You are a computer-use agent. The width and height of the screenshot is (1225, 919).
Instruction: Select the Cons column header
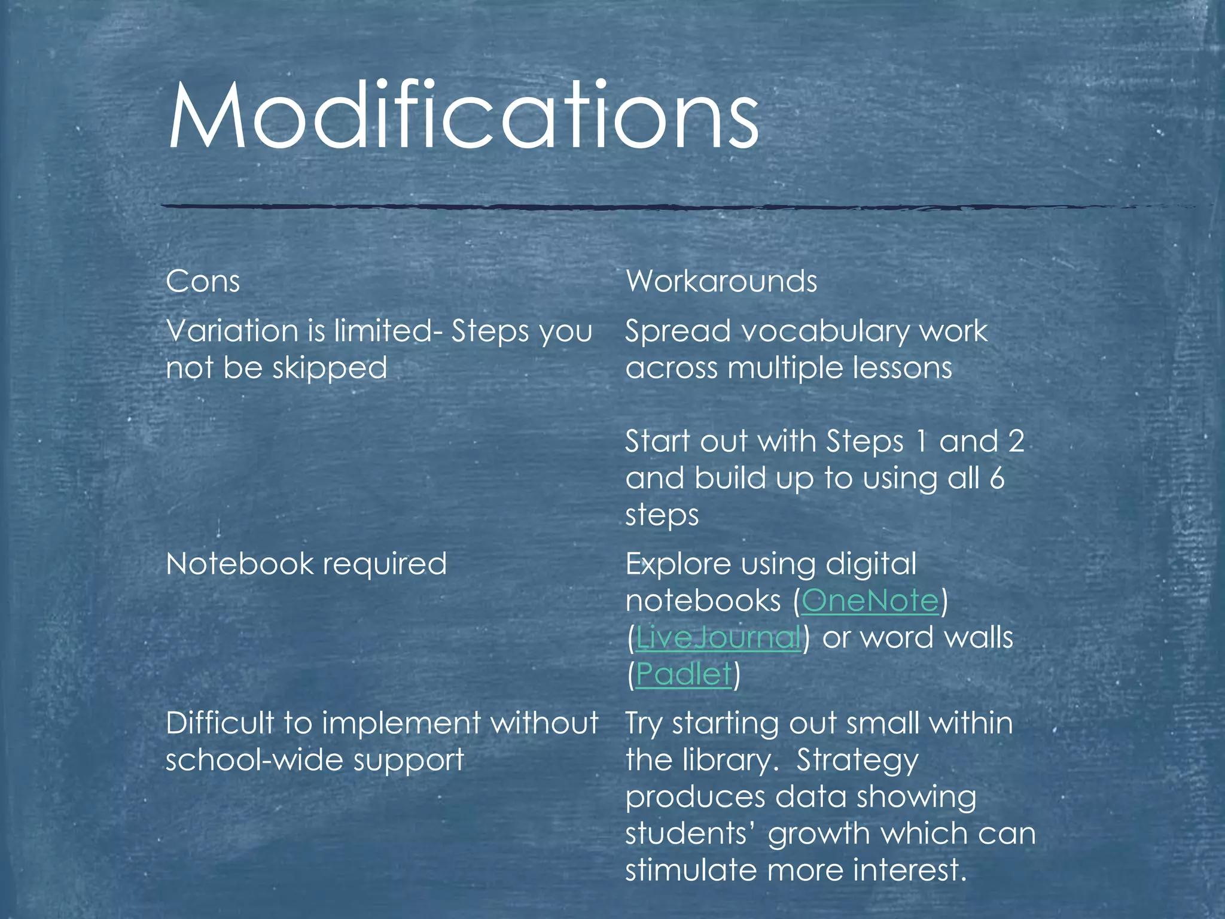coord(203,281)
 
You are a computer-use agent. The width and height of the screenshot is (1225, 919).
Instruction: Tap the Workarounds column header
coord(721,281)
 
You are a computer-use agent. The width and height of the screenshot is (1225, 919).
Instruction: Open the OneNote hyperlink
coord(870,601)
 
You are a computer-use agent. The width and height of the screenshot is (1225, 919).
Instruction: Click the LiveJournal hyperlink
coord(718,637)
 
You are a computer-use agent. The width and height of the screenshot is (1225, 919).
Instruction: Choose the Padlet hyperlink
coord(684,674)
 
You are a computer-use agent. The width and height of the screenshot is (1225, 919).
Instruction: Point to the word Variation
coord(232,330)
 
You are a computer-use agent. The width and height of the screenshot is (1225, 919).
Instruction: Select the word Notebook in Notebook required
coord(239,564)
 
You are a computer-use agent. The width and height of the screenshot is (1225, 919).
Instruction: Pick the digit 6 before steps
coord(997,478)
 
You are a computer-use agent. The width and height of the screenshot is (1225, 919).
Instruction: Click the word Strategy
coord(857,760)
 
